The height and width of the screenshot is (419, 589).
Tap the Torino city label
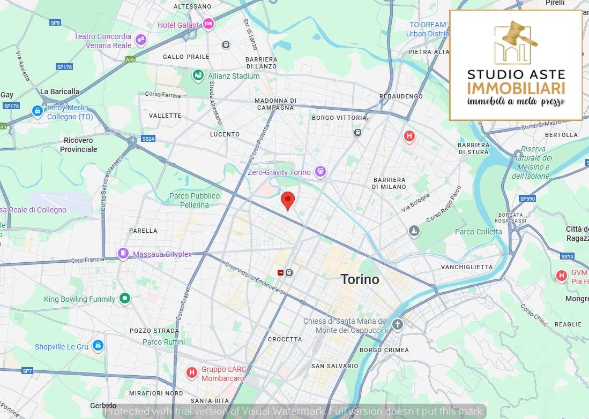point(360,279)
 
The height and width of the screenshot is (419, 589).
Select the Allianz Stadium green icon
point(198,75)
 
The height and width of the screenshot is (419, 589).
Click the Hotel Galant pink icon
point(208,24)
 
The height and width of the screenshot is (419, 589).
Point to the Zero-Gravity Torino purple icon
point(320,172)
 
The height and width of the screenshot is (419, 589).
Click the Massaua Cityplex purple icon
point(123,253)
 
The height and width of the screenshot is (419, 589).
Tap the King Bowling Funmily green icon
point(125,298)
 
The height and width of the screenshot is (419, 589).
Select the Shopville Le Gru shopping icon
point(98,346)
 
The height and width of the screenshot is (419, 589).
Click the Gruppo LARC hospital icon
point(191,372)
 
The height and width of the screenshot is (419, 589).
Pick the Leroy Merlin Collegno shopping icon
point(37,111)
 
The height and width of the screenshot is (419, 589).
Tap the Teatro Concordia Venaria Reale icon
point(140,40)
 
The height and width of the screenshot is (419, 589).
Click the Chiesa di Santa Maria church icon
point(397,324)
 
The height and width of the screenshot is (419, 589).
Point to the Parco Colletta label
point(478,232)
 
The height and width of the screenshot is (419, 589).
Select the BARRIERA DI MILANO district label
point(389,183)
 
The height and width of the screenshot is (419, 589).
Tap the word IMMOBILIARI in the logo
point(516,88)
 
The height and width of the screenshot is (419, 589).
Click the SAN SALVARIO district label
point(334,366)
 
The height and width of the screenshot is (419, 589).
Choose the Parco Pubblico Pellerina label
point(195,200)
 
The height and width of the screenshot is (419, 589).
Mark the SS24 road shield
point(148,139)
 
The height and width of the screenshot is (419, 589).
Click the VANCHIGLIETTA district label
point(466,267)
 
